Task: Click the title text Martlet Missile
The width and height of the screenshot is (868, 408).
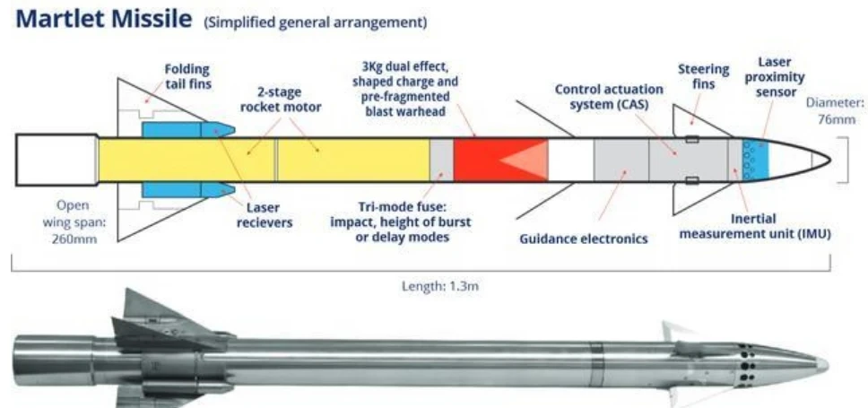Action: [x=103, y=19]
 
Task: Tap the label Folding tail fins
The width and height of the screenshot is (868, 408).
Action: [x=187, y=77]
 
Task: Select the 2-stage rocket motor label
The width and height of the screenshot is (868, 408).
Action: [x=281, y=100]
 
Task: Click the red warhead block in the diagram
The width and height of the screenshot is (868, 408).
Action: [x=501, y=160]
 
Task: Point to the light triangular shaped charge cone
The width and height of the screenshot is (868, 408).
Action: [x=524, y=160]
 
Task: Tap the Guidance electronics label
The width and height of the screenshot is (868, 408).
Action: [x=584, y=239]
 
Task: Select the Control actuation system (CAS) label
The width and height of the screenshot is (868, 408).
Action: [x=609, y=97]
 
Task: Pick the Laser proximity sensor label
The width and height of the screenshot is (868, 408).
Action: [x=774, y=77]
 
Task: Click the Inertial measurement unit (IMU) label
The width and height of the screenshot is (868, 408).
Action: [x=756, y=227]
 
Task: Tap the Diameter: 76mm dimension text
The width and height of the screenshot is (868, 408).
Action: [x=835, y=110]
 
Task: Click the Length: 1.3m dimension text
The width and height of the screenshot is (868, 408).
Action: [x=439, y=287]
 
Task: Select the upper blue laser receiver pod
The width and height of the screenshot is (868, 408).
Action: [x=188, y=130]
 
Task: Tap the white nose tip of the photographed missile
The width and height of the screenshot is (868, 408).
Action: [x=822, y=364]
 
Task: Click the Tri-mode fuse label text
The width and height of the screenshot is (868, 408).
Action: [x=400, y=222]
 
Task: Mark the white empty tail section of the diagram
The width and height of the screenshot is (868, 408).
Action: [x=57, y=160]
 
